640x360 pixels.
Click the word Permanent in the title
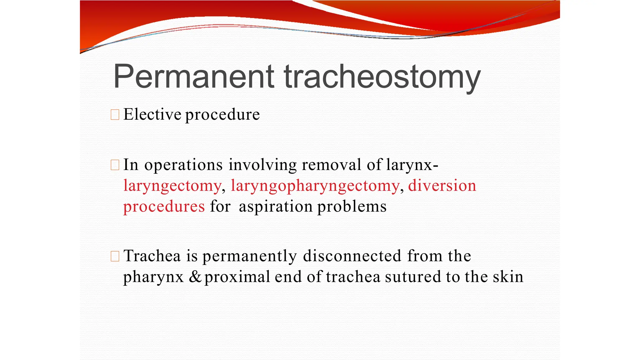[x=193, y=76]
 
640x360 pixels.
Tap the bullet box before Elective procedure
[x=115, y=115]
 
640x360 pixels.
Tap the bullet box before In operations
[x=115, y=165]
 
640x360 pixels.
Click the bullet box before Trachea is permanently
[x=115, y=256]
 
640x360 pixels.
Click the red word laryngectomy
[x=172, y=186]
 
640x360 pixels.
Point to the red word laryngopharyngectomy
[x=315, y=186]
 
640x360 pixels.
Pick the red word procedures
[x=164, y=207]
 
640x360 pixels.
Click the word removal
[x=332, y=165]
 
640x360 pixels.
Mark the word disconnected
[x=352, y=256]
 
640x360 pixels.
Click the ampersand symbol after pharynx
[x=195, y=277]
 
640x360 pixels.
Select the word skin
[x=508, y=277]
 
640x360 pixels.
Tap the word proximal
[x=237, y=277]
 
